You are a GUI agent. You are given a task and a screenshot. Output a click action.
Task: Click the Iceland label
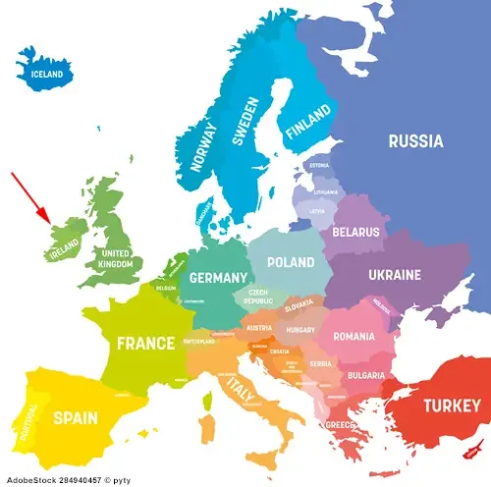pos(47,75)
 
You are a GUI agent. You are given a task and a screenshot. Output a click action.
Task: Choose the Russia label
pos(415,141)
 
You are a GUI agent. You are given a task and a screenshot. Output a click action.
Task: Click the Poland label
pos(291,262)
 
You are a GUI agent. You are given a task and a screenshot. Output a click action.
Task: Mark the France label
pos(145,344)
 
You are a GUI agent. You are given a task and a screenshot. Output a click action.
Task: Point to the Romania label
pos(353,337)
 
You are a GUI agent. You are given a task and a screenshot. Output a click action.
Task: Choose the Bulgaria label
pos(365,375)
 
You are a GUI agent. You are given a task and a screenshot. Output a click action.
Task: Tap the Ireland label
pos(63,252)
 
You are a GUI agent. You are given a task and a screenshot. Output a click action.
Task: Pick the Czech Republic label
pos(257,297)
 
